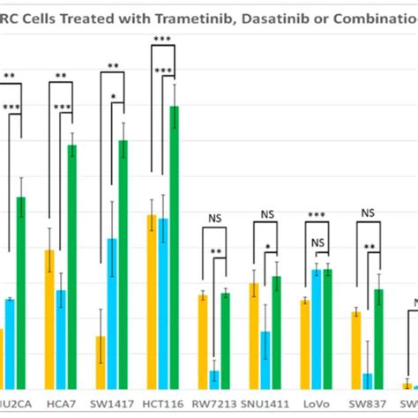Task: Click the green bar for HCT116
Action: (175, 247)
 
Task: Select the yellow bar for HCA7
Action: (49, 318)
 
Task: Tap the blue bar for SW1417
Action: (112, 313)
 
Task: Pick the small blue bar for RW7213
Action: (213, 379)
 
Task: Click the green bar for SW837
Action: (378, 339)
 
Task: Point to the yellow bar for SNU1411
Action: (254, 335)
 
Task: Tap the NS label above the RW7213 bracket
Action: (214, 219)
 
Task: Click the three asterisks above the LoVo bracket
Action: (316, 214)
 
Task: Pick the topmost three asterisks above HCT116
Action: (163, 40)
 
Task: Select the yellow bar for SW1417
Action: (101, 362)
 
